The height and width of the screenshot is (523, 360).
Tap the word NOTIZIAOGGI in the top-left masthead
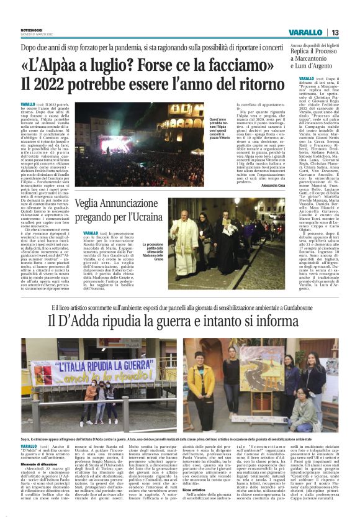tap(32, 30)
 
